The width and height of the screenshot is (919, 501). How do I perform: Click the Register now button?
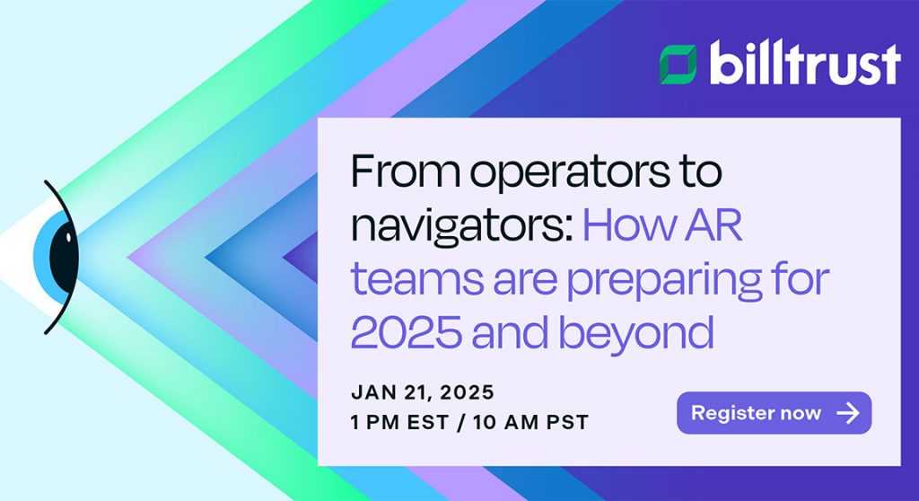(774, 413)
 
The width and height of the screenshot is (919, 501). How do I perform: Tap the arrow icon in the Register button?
(848, 413)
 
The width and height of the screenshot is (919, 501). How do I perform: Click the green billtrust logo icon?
(678, 64)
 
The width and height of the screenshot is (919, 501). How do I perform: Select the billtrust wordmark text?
(805, 63)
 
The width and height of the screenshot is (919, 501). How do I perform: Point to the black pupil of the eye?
(64, 257)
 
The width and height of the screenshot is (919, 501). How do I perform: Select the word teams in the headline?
(417, 278)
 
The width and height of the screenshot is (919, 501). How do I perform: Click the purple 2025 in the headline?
(407, 332)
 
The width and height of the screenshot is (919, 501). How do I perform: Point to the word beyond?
(636, 334)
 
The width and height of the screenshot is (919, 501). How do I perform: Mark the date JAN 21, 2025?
(423, 392)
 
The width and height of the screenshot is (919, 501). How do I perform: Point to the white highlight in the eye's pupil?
(68, 238)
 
